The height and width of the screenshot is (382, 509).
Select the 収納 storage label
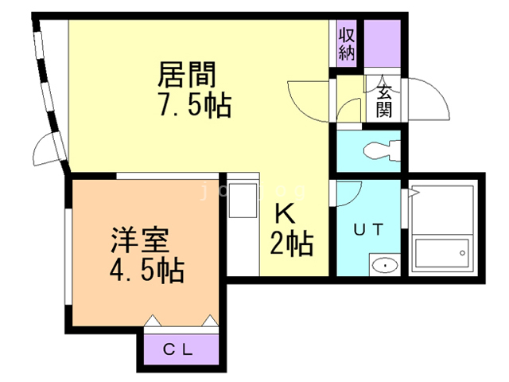(x=346, y=44)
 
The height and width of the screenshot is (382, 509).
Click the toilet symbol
(x=374, y=150)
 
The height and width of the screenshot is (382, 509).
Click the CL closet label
(x=180, y=349)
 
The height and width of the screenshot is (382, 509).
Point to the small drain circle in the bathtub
(x=460, y=253)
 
